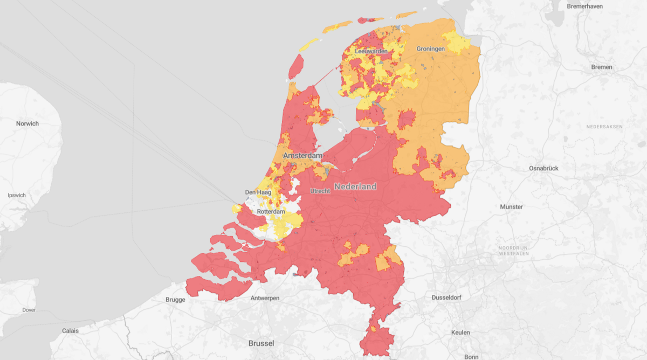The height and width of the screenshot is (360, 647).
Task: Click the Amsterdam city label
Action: click(x=302, y=155)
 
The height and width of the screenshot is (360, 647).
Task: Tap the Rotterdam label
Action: click(x=271, y=212)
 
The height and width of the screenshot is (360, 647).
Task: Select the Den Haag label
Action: click(x=257, y=192)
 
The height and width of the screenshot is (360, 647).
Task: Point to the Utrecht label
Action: click(x=320, y=191)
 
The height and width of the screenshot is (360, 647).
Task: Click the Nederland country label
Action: click(x=355, y=186)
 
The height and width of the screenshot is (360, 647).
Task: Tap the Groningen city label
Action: click(x=431, y=49)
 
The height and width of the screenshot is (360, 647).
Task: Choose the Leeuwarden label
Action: click(x=371, y=51)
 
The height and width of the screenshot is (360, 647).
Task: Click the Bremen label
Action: click(x=602, y=67)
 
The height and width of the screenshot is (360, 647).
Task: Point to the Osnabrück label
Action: click(x=543, y=168)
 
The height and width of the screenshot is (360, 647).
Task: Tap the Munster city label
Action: click(x=511, y=206)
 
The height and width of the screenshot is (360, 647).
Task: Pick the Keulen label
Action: click(x=461, y=332)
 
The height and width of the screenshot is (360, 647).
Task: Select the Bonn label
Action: click(x=471, y=356)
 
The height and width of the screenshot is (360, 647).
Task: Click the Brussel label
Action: click(x=261, y=343)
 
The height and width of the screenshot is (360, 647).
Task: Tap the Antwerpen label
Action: click(x=265, y=298)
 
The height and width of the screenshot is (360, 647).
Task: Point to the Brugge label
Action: click(x=176, y=300)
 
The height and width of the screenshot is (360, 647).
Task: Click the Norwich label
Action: click(x=27, y=123)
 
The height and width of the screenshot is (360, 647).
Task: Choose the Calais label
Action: click(x=70, y=330)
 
